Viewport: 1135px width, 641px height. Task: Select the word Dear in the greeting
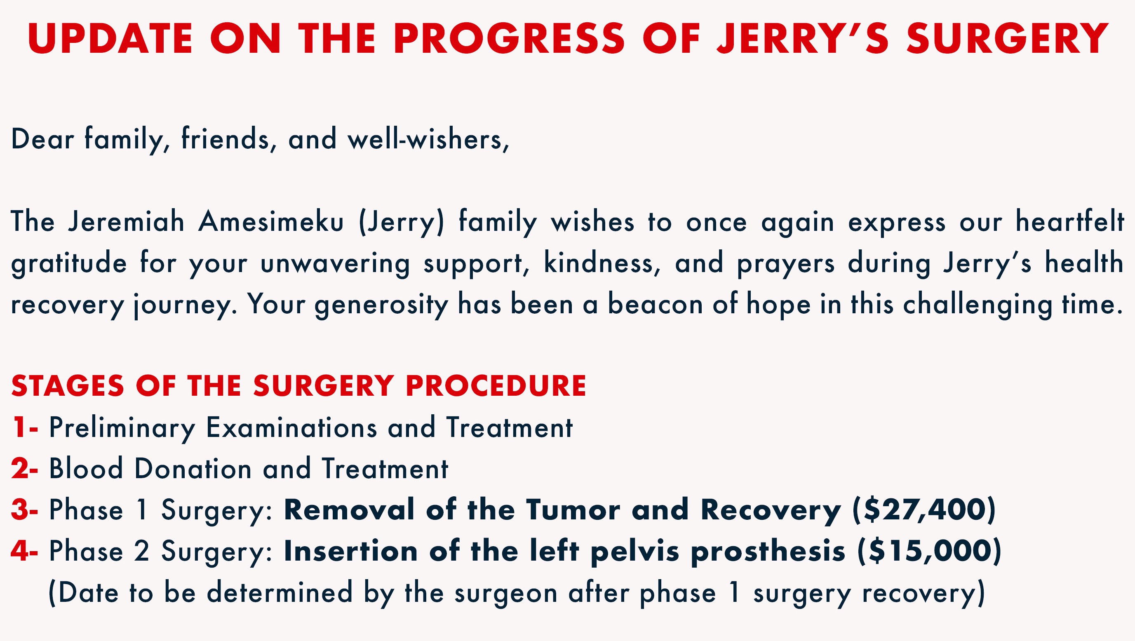tap(42, 139)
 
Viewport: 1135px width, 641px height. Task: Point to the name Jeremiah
tap(126, 222)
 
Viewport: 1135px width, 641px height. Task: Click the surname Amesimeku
tap(271, 222)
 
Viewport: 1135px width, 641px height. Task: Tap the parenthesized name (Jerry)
tap(402, 223)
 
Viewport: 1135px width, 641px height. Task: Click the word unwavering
tap(335, 263)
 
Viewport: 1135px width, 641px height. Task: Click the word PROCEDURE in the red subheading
tap(496, 386)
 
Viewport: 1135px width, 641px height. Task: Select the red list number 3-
tap(25, 510)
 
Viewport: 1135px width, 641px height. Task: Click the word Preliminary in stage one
tap(122, 428)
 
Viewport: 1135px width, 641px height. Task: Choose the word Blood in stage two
tap(86, 468)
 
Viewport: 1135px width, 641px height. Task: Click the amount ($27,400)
tap(924, 510)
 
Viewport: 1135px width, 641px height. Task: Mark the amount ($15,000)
tap(929, 551)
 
